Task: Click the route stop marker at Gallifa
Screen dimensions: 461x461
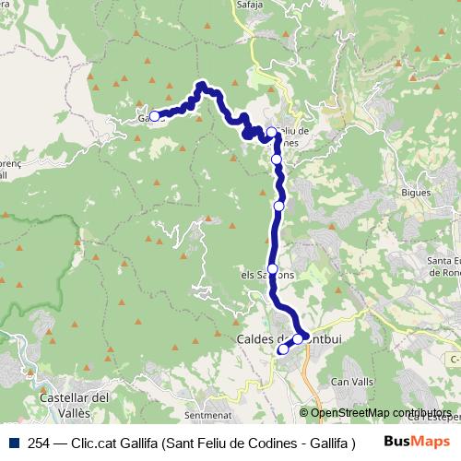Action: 155,116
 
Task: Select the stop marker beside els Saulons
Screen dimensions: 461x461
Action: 272,268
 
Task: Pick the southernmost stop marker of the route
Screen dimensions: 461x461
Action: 283,349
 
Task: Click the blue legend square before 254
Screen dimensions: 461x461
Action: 11,442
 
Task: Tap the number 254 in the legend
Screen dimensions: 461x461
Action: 40,442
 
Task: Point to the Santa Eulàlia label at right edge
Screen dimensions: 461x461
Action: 443,266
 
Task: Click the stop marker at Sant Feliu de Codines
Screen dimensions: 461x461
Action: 271,132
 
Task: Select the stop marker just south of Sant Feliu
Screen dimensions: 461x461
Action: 276,160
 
